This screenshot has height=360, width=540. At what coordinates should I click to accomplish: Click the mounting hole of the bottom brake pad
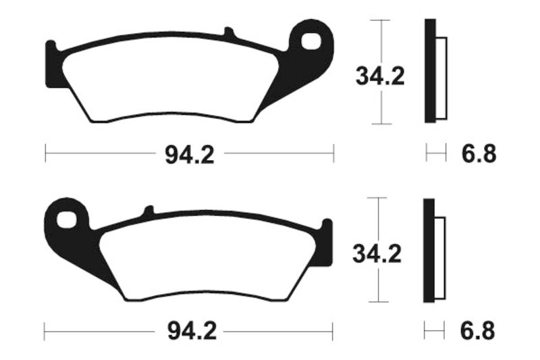click(67, 220)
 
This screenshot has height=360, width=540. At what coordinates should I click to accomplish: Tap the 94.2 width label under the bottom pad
click(189, 332)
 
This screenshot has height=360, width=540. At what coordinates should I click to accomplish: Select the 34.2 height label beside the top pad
click(380, 76)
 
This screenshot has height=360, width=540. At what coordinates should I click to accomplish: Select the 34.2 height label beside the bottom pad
click(378, 255)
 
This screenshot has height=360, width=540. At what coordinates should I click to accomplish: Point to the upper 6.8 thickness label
click(479, 155)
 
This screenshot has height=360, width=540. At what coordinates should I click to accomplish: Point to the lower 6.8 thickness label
click(478, 332)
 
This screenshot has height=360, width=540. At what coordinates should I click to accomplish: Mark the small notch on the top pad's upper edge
click(228, 32)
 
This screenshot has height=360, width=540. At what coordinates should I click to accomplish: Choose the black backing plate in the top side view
click(429, 72)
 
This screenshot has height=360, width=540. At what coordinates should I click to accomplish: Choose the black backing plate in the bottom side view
click(428, 250)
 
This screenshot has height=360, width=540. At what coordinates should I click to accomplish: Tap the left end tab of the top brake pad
click(49, 64)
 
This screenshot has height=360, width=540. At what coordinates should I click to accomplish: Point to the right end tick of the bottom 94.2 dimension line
click(333, 331)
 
